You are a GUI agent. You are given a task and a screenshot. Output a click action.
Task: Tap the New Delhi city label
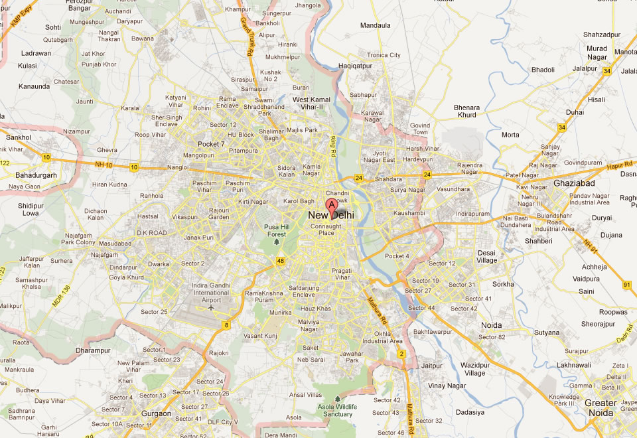[x=331, y=216]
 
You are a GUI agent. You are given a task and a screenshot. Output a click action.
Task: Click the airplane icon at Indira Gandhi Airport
[x=212, y=307]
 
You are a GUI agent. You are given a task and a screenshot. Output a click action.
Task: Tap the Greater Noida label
[x=600, y=407]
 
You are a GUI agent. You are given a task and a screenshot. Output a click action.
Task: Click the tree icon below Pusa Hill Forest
[x=277, y=242]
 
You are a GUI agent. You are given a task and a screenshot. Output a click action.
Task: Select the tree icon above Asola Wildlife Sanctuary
[x=337, y=398]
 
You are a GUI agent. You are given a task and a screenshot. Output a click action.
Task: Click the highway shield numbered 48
[x=281, y=261]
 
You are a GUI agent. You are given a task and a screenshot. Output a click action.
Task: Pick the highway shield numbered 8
[x=227, y=325]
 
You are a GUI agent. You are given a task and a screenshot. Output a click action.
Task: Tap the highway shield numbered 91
[x=626, y=285]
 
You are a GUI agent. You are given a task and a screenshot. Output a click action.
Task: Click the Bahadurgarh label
[x=36, y=175]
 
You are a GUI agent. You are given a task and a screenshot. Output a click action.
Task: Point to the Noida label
[x=491, y=325]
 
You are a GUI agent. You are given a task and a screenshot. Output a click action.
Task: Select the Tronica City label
[x=384, y=55]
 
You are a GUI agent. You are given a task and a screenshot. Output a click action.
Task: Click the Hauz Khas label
[x=315, y=309]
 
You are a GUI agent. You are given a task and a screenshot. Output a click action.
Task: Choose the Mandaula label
[x=375, y=26]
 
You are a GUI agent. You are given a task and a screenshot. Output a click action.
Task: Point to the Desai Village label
[x=486, y=256]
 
